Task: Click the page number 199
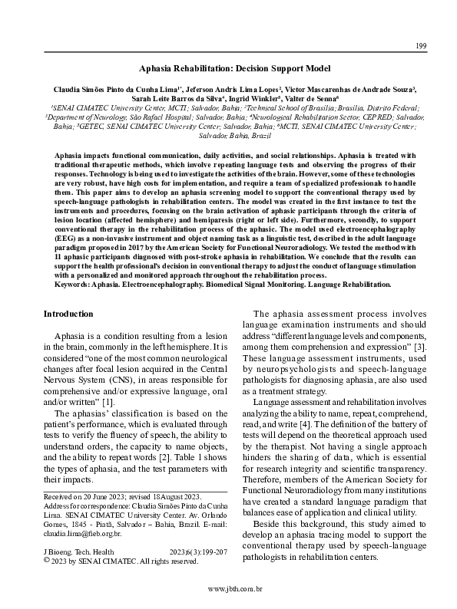coord(421,47)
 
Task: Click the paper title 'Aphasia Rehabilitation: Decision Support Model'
coord(229,68)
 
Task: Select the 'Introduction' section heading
coord(68,314)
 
